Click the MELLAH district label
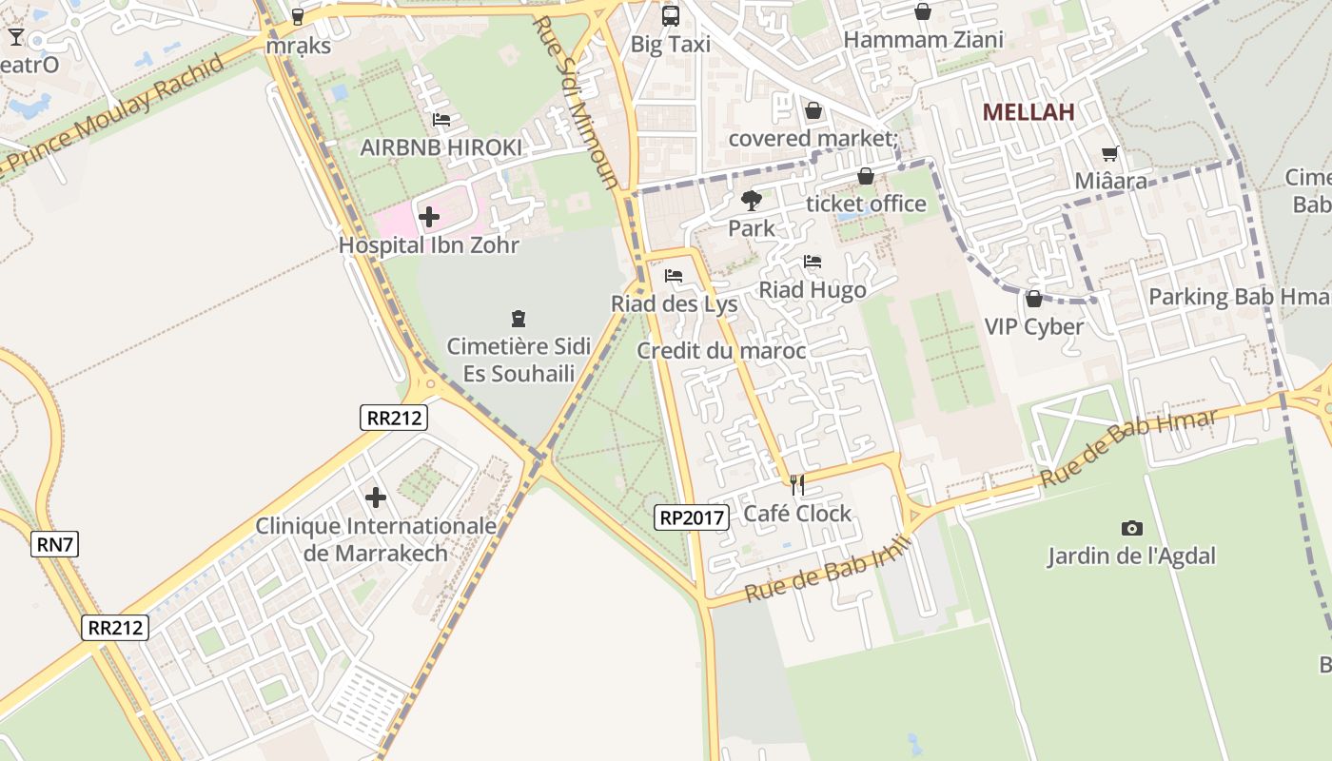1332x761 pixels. click(1028, 112)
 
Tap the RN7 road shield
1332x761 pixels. click(55, 545)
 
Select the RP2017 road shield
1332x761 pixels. click(692, 517)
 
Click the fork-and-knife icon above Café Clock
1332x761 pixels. click(797, 485)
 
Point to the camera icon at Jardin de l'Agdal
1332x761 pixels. click(1131, 528)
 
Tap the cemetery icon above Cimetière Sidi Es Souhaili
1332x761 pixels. click(519, 318)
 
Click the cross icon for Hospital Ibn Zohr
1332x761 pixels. click(429, 217)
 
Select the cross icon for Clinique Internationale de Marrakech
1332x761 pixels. click(376, 497)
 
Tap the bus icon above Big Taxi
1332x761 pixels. click(671, 15)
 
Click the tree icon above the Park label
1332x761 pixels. click(751, 200)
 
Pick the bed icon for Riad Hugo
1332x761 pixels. click(812, 262)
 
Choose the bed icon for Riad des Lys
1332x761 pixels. click(674, 276)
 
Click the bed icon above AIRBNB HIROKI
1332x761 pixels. click(441, 120)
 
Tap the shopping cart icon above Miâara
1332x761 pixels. click(1110, 153)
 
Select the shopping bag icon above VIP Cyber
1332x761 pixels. click(1033, 299)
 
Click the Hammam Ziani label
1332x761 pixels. click(923, 40)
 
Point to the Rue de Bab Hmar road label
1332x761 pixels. click(1128, 448)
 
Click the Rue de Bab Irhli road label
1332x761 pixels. click(829, 569)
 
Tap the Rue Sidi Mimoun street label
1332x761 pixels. click(577, 103)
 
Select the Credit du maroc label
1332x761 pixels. click(721, 351)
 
